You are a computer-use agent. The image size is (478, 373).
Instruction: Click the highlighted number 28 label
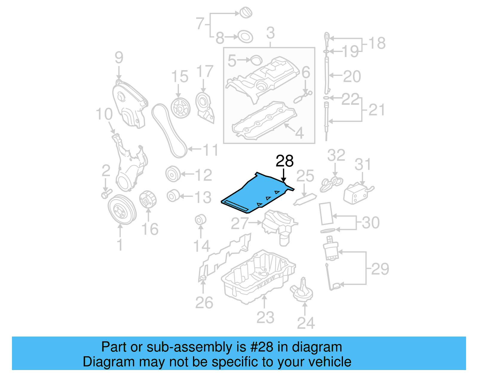click(284, 161)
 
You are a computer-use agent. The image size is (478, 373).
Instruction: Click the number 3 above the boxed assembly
click(270, 33)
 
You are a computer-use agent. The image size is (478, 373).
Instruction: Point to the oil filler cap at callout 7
click(246, 13)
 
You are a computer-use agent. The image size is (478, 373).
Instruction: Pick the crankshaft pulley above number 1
click(122, 210)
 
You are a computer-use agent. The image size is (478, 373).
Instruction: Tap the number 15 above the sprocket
click(180, 77)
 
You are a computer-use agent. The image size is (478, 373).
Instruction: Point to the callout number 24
click(306, 323)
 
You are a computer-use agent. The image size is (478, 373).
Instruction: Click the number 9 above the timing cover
click(119, 57)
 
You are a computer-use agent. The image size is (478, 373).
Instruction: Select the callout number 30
click(371, 223)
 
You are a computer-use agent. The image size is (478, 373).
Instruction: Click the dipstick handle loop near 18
click(327, 38)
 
